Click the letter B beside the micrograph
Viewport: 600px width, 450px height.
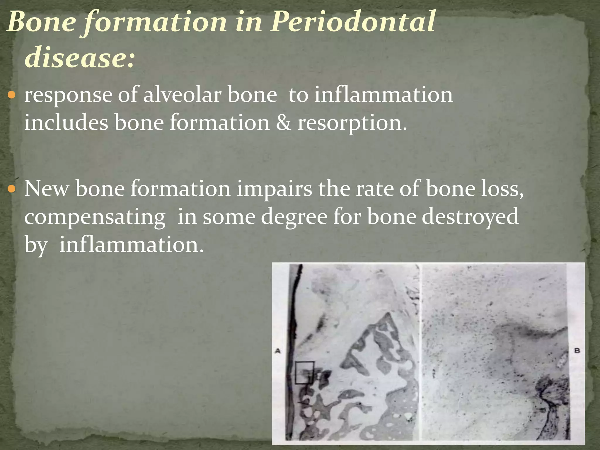[577, 350]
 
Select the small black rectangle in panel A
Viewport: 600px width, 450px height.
[304, 373]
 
